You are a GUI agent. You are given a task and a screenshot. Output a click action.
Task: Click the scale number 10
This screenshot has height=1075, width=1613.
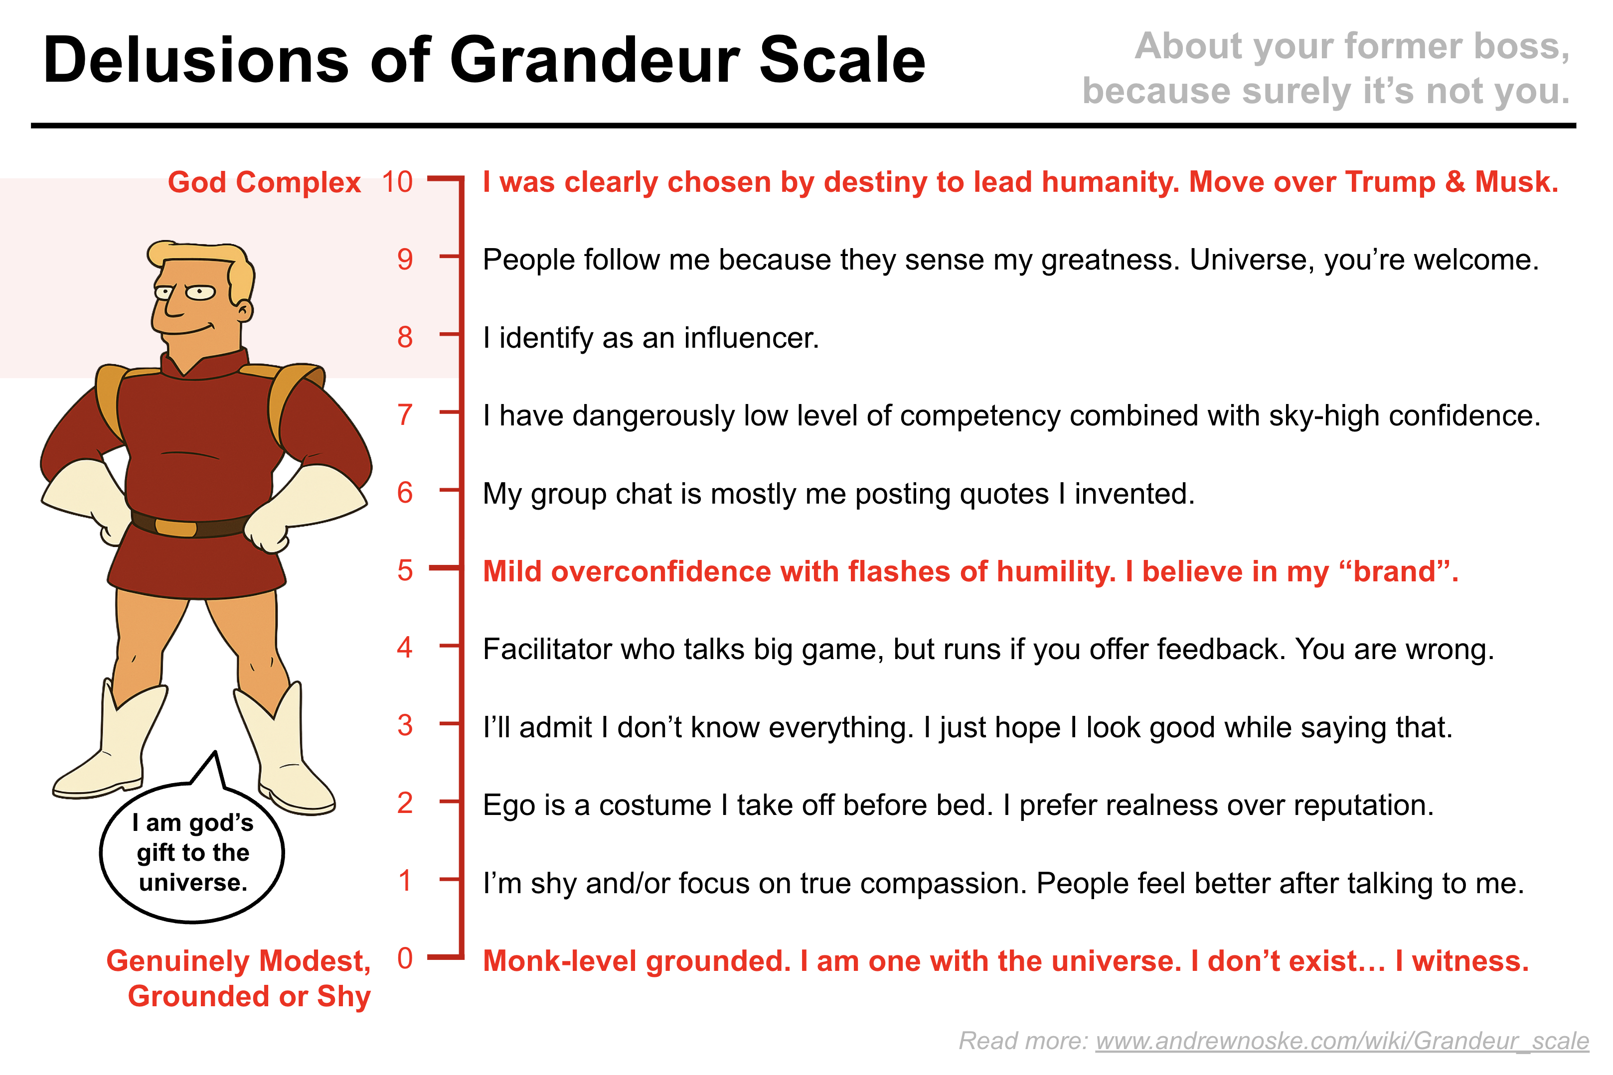(x=397, y=182)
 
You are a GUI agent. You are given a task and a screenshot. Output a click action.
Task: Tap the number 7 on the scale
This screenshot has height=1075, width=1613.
(x=405, y=415)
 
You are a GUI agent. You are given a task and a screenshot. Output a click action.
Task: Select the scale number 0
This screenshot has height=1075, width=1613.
(x=405, y=958)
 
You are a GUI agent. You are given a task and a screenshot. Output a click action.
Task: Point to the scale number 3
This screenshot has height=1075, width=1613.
(x=405, y=725)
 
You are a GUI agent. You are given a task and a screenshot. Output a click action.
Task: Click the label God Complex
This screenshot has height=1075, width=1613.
(x=264, y=183)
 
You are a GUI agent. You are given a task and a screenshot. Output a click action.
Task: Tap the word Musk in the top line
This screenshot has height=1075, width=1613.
(x=1516, y=182)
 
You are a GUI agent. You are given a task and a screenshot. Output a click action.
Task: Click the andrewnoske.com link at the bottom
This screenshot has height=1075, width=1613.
(x=1341, y=1041)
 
